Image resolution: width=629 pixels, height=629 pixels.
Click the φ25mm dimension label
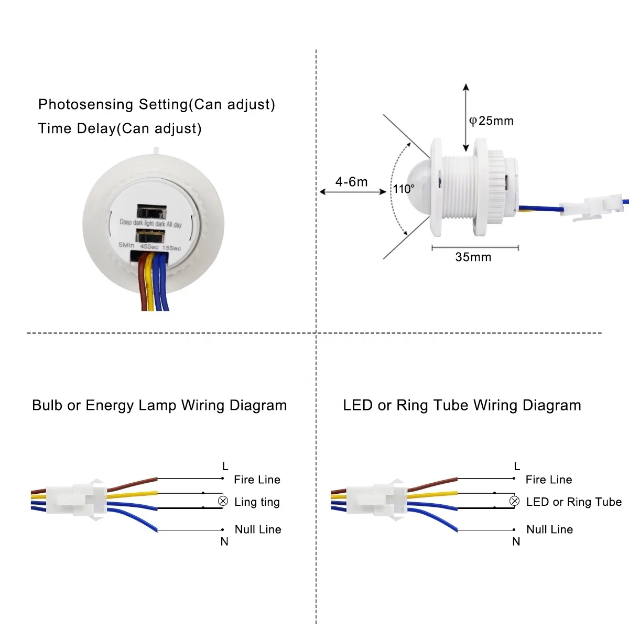coord(491,121)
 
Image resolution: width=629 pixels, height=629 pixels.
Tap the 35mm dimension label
coord(473,257)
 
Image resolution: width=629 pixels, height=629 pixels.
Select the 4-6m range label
coord(351,182)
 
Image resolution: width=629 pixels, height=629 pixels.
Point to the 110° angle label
coord(404,189)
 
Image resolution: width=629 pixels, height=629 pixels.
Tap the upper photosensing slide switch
coord(151,211)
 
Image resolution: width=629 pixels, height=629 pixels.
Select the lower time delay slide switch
coord(151,235)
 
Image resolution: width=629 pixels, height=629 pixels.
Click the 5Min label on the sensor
coord(126,245)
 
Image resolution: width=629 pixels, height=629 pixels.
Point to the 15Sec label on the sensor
coord(171,247)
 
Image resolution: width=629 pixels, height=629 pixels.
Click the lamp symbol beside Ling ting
coord(223,501)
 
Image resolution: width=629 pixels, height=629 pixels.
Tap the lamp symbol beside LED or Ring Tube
coord(515,501)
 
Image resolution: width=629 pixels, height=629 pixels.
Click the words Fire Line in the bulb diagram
coord(257,480)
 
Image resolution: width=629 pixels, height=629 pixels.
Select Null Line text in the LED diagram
coord(549,529)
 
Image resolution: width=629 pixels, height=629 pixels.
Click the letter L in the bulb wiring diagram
coord(225,466)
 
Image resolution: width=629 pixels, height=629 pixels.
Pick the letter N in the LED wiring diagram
coord(516,542)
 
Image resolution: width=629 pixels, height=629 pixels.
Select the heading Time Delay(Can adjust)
coord(120,128)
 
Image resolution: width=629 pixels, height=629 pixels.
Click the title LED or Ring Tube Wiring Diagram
coord(462,405)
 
